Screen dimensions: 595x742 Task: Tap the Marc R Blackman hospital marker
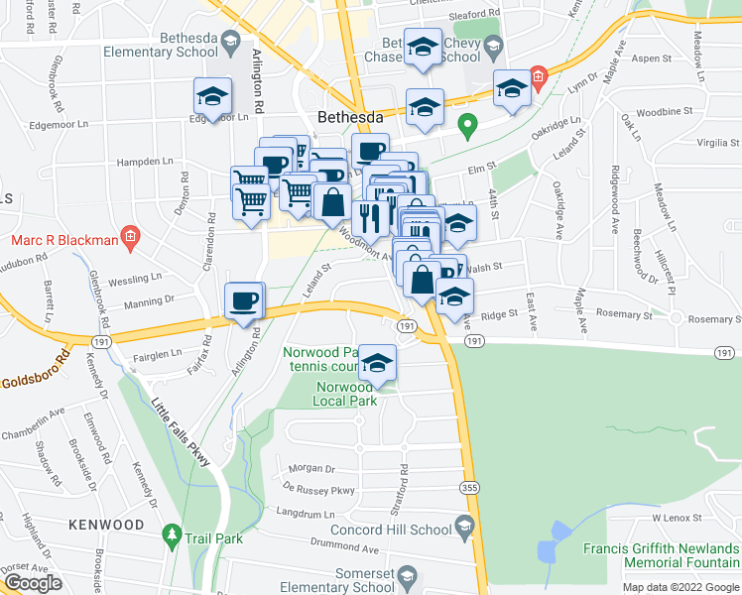click(x=129, y=237)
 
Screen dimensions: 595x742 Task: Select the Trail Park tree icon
click(x=172, y=536)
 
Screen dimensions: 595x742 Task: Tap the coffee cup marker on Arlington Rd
click(x=244, y=299)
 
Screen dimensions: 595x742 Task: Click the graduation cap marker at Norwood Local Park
click(x=377, y=364)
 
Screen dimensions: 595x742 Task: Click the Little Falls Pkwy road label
click(x=179, y=436)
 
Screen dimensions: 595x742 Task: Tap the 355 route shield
click(x=469, y=487)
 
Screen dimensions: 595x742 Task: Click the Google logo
click(x=33, y=583)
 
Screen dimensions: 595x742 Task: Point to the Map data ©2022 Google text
click(x=680, y=587)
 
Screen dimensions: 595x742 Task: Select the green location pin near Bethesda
click(x=469, y=126)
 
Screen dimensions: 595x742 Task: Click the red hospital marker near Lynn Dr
click(x=538, y=74)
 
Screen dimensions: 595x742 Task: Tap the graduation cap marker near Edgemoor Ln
click(x=212, y=96)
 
